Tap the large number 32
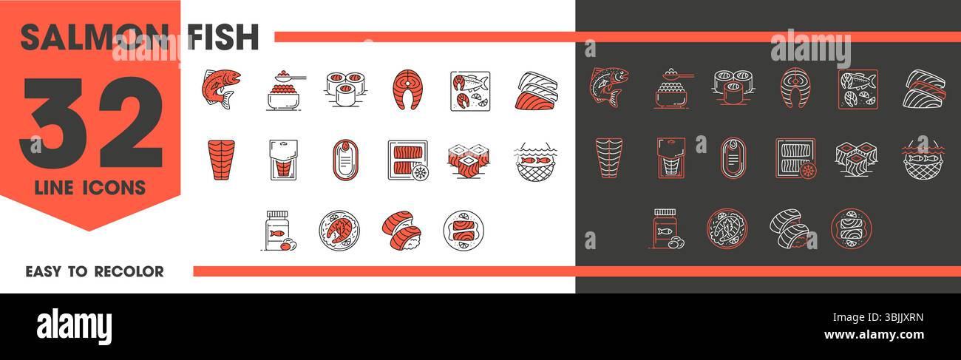(92, 122)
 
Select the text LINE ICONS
(90, 189)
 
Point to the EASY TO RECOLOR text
(95, 271)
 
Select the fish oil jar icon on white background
(277, 231)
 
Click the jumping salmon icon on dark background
(608, 87)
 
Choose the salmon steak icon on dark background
(794, 89)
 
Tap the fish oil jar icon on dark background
(666, 231)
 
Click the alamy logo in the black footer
(75, 326)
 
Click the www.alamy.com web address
(873, 335)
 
